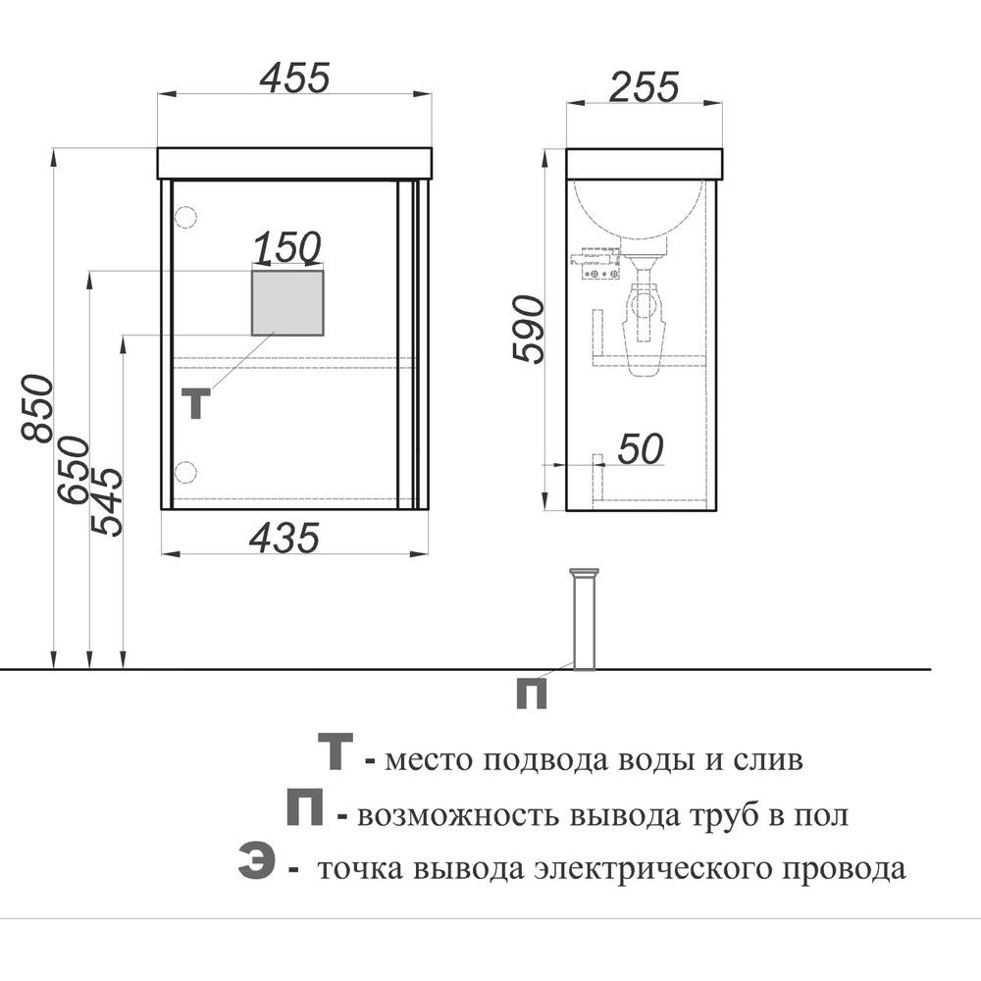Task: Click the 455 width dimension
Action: click(x=294, y=77)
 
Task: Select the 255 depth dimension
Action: click(x=644, y=86)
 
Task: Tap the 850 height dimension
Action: click(x=36, y=408)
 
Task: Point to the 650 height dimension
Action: click(x=74, y=470)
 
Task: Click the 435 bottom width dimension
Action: click(x=284, y=538)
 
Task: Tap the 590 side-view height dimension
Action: click(x=529, y=329)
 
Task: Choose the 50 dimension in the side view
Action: click(x=641, y=448)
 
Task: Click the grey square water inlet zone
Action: click(x=287, y=303)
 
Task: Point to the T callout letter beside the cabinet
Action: click(x=196, y=403)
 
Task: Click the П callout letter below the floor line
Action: click(x=531, y=695)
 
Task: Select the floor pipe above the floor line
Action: click(x=585, y=619)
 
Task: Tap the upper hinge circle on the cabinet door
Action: click(x=185, y=217)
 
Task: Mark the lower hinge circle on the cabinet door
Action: click(x=185, y=472)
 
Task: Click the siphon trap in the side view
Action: click(x=644, y=316)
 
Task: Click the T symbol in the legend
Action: click(x=336, y=750)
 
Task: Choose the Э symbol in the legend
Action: click(x=256, y=861)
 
